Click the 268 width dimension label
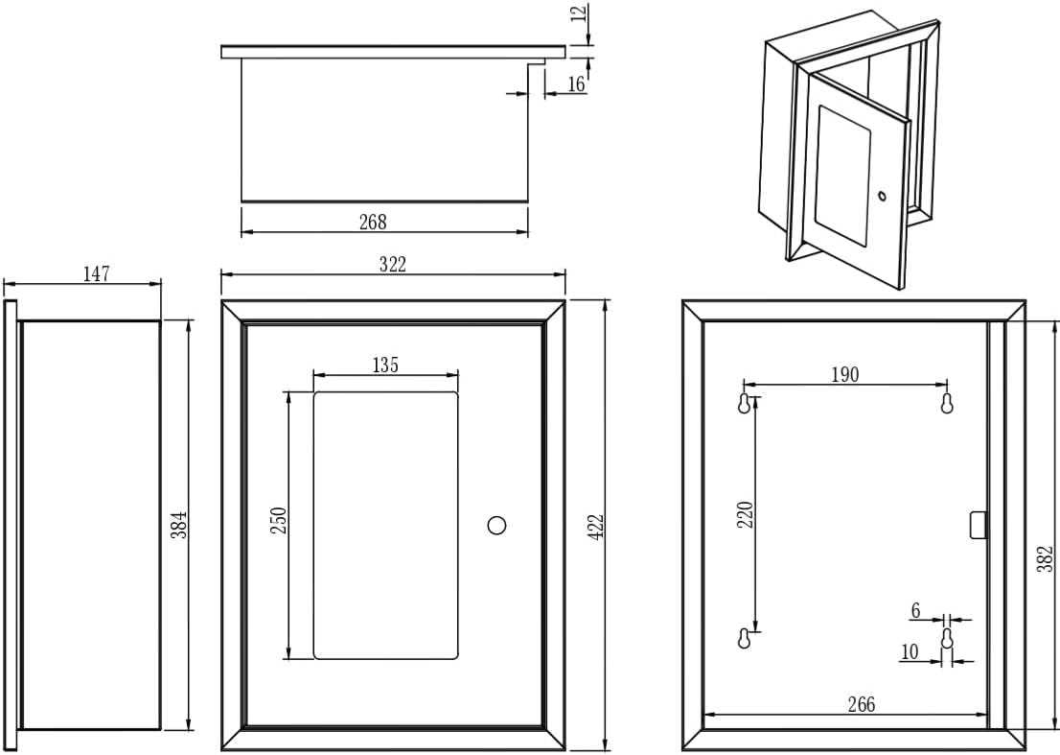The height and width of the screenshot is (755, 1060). (x=373, y=222)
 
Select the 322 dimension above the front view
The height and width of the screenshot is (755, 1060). (x=392, y=265)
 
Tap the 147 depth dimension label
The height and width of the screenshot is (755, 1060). (x=96, y=274)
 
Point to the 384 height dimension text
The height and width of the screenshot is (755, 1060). (x=179, y=525)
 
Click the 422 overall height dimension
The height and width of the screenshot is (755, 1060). (x=595, y=526)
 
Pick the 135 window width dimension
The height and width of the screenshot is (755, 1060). (x=384, y=365)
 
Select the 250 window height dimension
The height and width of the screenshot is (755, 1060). (x=279, y=522)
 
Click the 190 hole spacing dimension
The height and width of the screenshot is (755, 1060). (x=844, y=374)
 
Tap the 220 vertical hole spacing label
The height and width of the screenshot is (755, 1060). (x=747, y=514)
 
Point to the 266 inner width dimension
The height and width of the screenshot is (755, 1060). (x=861, y=704)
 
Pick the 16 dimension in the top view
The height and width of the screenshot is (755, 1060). (x=576, y=84)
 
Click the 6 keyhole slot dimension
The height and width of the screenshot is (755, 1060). (x=915, y=610)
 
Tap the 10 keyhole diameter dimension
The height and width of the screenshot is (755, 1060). (x=910, y=652)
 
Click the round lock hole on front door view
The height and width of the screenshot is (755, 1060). (x=496, y=525)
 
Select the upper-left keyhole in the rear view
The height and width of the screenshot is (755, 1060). (x=745, y=404)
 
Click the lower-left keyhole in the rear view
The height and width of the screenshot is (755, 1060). (x=745, y=638)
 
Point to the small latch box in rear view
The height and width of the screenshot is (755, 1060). (x=978, y=525)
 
